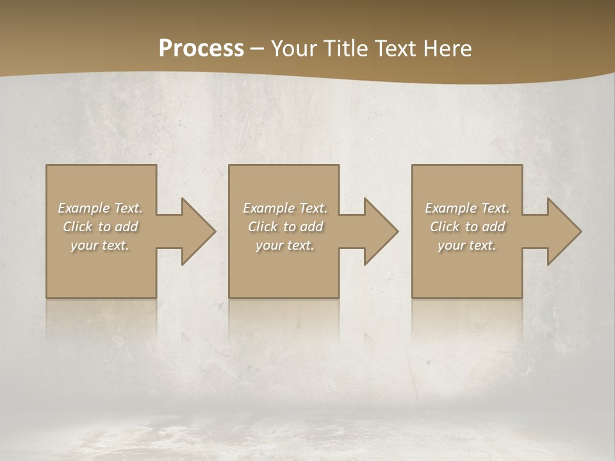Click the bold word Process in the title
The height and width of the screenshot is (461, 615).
(201, 49)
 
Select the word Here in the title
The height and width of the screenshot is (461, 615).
(448, 49)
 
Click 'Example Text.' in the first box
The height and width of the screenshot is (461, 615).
(101, 208)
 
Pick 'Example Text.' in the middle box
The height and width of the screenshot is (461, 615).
(285, 208)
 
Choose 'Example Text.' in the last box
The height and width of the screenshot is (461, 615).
(467, 208)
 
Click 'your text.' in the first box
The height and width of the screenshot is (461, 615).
(100, 245)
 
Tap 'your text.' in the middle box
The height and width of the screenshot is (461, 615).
(285, 245)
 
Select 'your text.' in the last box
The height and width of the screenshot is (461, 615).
(467, 245)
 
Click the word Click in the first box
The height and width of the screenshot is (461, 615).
(78, 227)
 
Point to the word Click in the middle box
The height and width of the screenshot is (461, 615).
(263, 227)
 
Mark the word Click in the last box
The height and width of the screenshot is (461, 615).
(445, 227)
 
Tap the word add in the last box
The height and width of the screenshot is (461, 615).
(495, 227)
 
